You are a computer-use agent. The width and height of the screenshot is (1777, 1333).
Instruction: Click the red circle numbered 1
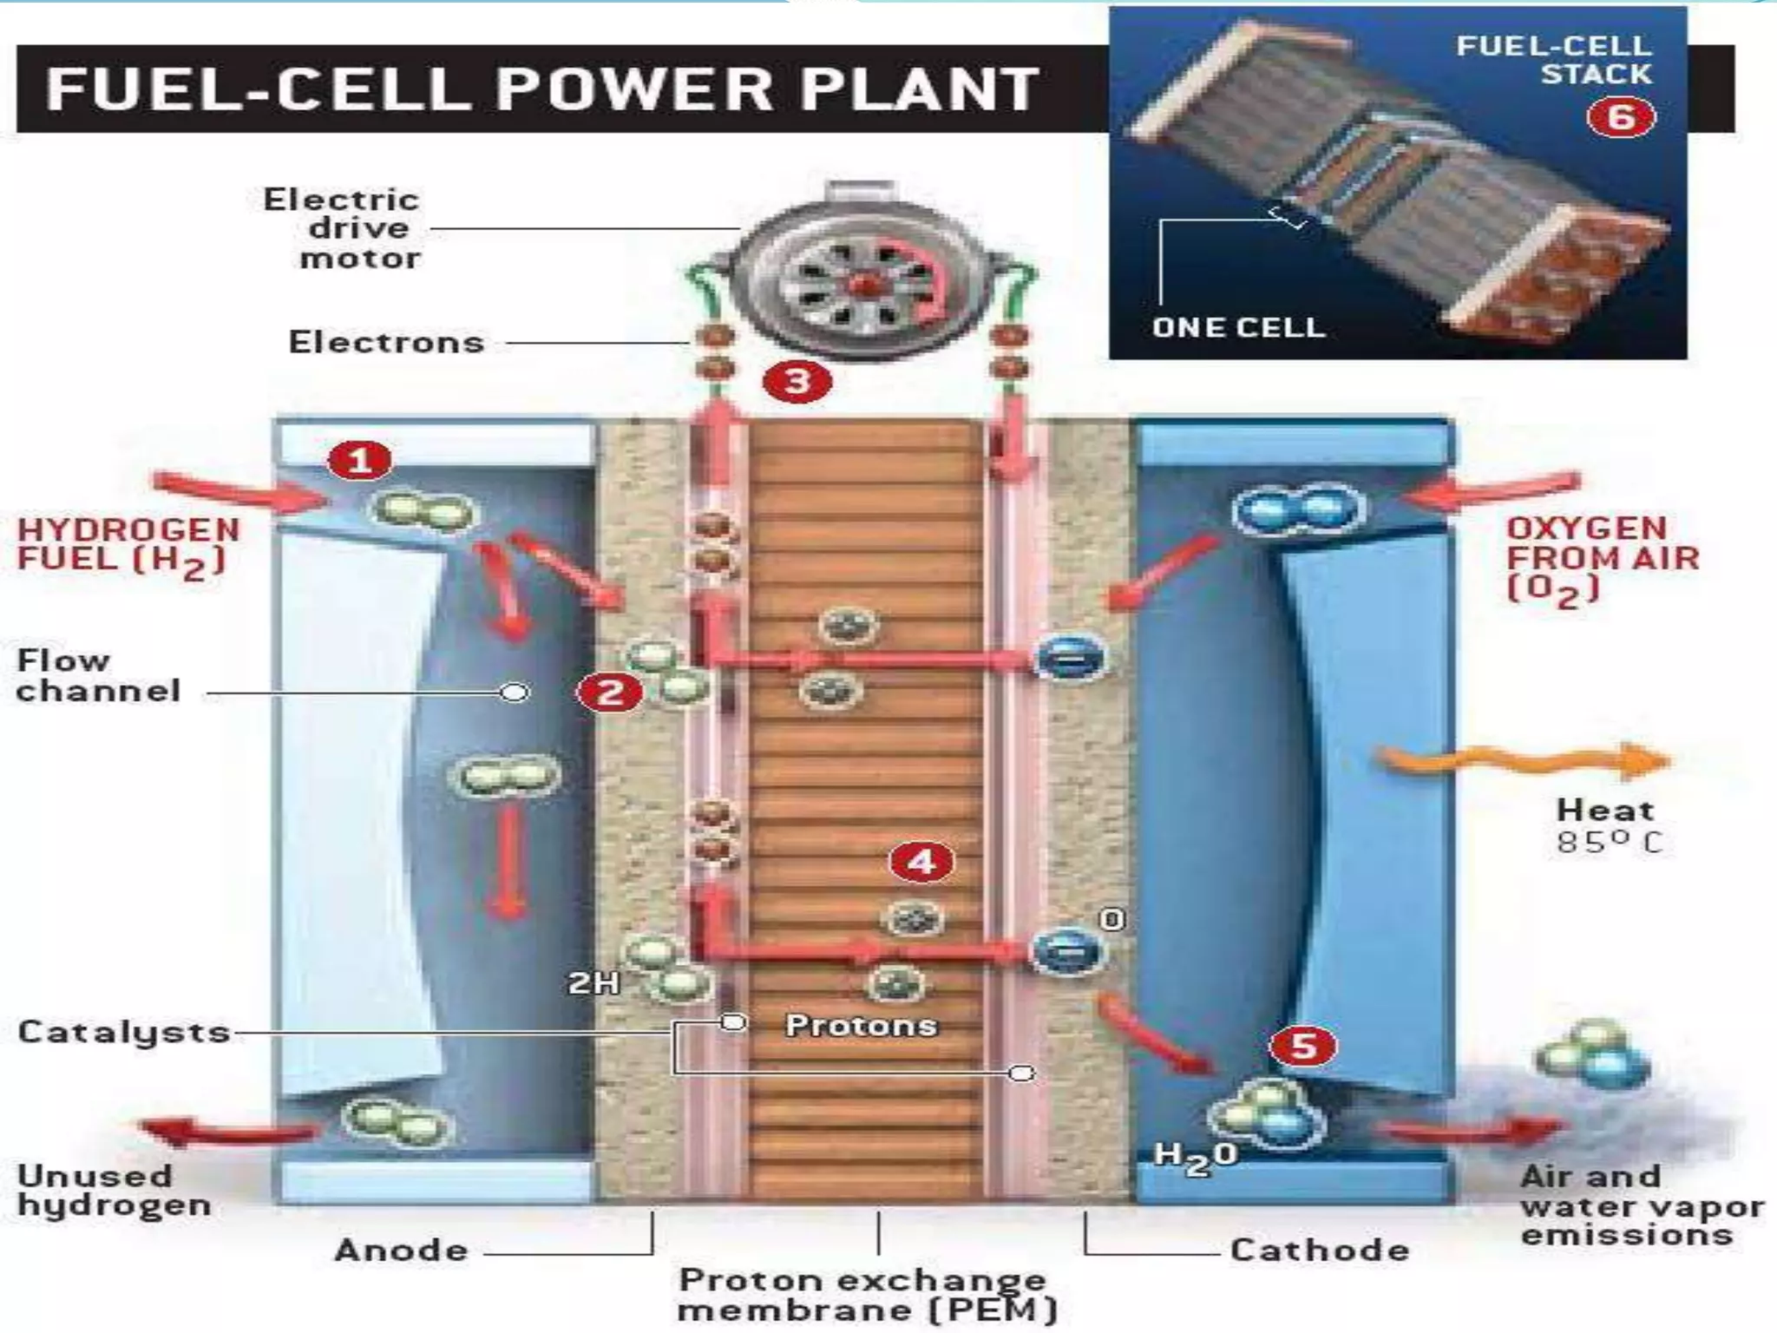359,461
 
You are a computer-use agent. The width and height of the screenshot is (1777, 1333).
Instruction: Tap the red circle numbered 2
610,693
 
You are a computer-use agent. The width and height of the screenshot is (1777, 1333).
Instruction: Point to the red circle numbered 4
921,862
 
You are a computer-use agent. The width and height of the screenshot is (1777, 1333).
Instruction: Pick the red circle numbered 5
1303,1046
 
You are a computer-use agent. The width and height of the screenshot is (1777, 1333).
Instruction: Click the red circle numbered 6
1621,117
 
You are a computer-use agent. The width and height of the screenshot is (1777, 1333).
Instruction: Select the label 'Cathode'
1319,1251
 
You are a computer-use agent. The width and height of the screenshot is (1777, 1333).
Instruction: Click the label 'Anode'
402,1251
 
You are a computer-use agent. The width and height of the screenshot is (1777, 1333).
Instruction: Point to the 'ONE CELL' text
1238,327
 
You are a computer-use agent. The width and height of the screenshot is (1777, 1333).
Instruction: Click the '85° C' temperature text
1609,842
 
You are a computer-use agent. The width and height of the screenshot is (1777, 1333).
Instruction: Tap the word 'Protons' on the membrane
861,1026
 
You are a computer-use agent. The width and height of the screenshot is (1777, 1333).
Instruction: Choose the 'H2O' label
1195,1157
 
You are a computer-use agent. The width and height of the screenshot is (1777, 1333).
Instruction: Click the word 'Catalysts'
124,1032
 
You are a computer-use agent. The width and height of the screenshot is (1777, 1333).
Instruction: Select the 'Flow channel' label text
98,675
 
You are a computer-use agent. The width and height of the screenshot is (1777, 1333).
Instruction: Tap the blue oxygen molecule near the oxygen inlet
1297,510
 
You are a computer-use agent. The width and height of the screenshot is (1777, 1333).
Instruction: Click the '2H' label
594,982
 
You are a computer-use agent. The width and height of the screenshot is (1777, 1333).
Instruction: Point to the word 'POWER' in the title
633,89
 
